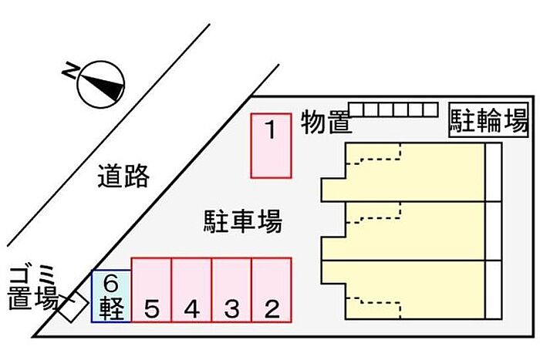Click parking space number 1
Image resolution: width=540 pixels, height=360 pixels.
(x=272, y=146)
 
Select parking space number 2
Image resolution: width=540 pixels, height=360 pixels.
(x=272, y=290)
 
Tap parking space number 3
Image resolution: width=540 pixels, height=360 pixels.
(x=231, y=290)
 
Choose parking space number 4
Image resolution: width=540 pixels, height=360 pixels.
(x=191, y=290)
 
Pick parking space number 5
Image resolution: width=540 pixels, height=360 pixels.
(x=151, y=290)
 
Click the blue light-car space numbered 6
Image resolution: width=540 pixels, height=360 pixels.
(x=111, y=296)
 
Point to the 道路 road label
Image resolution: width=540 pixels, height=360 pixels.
(x=123, y=176)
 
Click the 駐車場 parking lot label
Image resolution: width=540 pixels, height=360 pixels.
(x=243, y=222)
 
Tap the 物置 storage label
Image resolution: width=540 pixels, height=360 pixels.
(x=326, y=122)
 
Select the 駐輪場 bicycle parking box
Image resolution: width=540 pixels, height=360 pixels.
(x=488, y=120)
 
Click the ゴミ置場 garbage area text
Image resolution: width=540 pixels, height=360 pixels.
(x=33, y=288)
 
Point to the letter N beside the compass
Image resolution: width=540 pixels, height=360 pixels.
(x=70, y=71)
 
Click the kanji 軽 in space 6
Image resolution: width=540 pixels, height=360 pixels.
(x=111, y=308)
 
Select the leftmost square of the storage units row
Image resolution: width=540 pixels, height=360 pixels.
(x=356, y=109)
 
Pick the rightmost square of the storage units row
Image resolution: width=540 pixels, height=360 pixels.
(x=430, y=109)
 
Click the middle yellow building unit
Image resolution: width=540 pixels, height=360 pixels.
(x=403, y=231)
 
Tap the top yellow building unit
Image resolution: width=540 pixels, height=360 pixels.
(x=403, y=172)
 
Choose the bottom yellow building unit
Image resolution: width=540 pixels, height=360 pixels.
(x=403, y=290)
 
